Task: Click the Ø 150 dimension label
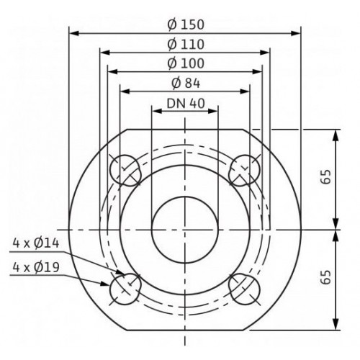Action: [186, 24]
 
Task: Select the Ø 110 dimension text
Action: [186, 45]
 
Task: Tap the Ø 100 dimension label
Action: [186, 63]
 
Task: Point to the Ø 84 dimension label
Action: [186, 84]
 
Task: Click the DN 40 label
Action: [186, 104]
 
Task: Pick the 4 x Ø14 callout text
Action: [36, 243]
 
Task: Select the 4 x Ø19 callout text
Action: [36, 267]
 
